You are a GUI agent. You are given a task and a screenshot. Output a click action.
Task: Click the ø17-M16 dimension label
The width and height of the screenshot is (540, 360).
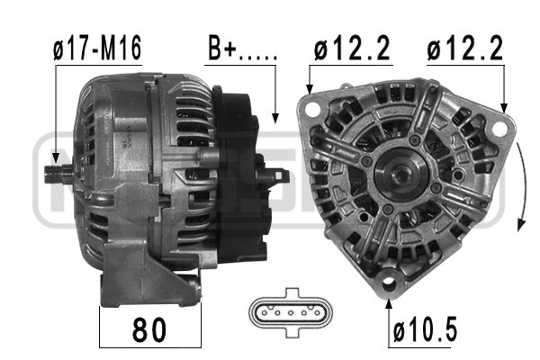click(97, 49)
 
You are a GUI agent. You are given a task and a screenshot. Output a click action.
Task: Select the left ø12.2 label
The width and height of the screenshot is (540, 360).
click(352, 49)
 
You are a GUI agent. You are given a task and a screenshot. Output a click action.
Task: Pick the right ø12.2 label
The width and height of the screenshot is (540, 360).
click(465, 49)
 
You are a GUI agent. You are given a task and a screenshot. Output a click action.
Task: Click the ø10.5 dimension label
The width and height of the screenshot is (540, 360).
click(426, 329)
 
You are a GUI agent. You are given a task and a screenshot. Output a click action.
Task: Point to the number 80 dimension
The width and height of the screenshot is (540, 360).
click(149, 330)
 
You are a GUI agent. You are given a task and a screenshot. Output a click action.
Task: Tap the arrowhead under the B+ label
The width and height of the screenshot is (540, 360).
click(275, 119)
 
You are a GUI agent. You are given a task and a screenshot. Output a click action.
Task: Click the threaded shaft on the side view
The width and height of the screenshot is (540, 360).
click(58, 174)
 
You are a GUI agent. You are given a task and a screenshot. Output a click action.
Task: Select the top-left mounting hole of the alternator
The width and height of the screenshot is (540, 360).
click(312, 109)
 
